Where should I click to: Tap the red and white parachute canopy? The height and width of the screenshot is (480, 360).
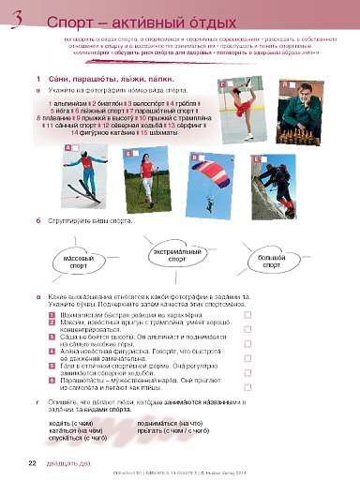click(x=209, y=164)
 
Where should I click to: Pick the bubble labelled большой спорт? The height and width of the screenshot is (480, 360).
click(x=272, y=260)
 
